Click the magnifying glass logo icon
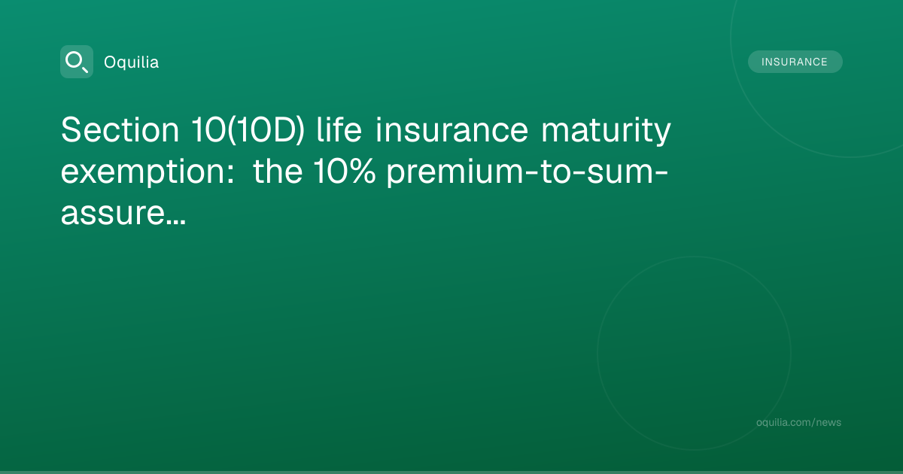pos(77,62)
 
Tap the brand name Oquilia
pos(132,62)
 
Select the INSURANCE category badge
pos(795,62)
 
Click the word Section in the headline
pos(120,129)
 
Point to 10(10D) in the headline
pos(248,130)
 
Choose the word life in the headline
pos(339,129)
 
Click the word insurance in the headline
pos(451,129)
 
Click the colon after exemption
pos(230,172)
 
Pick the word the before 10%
pos(278,171)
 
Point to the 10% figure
pos(345,171)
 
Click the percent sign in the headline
pos(360,171)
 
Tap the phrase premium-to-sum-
pos(528,172)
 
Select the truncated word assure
pos(112,213)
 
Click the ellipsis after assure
pos(176,221)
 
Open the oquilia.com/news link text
pos(798,422)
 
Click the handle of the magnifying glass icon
pos(85,69)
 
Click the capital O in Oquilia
pos(111,62)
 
